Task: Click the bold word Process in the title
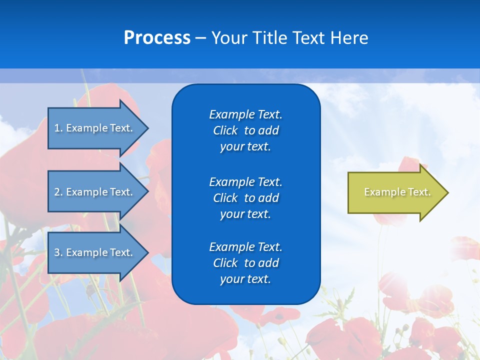point(157,37)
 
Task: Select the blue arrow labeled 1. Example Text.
point(95,128)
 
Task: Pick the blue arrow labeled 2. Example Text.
point(95,192)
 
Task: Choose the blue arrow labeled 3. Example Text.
point(95,252)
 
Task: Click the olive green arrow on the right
point(395,192)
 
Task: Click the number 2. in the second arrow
point(58,192)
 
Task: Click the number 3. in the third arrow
point(58,252)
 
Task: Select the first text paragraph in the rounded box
point(245,130)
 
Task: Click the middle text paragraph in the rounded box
point(245,197)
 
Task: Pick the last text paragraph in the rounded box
point(245,263)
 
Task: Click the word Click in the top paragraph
point(225,130)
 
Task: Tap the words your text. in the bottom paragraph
point(245,279)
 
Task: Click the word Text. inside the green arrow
point(419,192)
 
